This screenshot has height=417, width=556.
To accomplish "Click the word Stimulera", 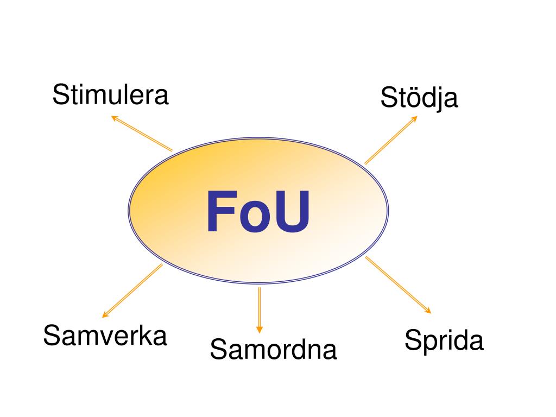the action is (111, 96).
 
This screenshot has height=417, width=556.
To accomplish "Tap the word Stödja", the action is (419, 98).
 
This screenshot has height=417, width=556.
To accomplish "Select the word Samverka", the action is (105, 336).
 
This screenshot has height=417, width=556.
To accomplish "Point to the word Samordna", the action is (273, 350).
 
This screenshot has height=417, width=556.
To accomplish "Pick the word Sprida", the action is (444, 341).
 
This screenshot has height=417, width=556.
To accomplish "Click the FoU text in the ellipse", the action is (258, 212).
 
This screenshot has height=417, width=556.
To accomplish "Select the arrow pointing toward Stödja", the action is (391, 140).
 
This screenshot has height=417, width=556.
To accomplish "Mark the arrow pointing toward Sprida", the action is (398, 285).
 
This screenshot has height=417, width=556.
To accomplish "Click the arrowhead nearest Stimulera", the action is (114, 117).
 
